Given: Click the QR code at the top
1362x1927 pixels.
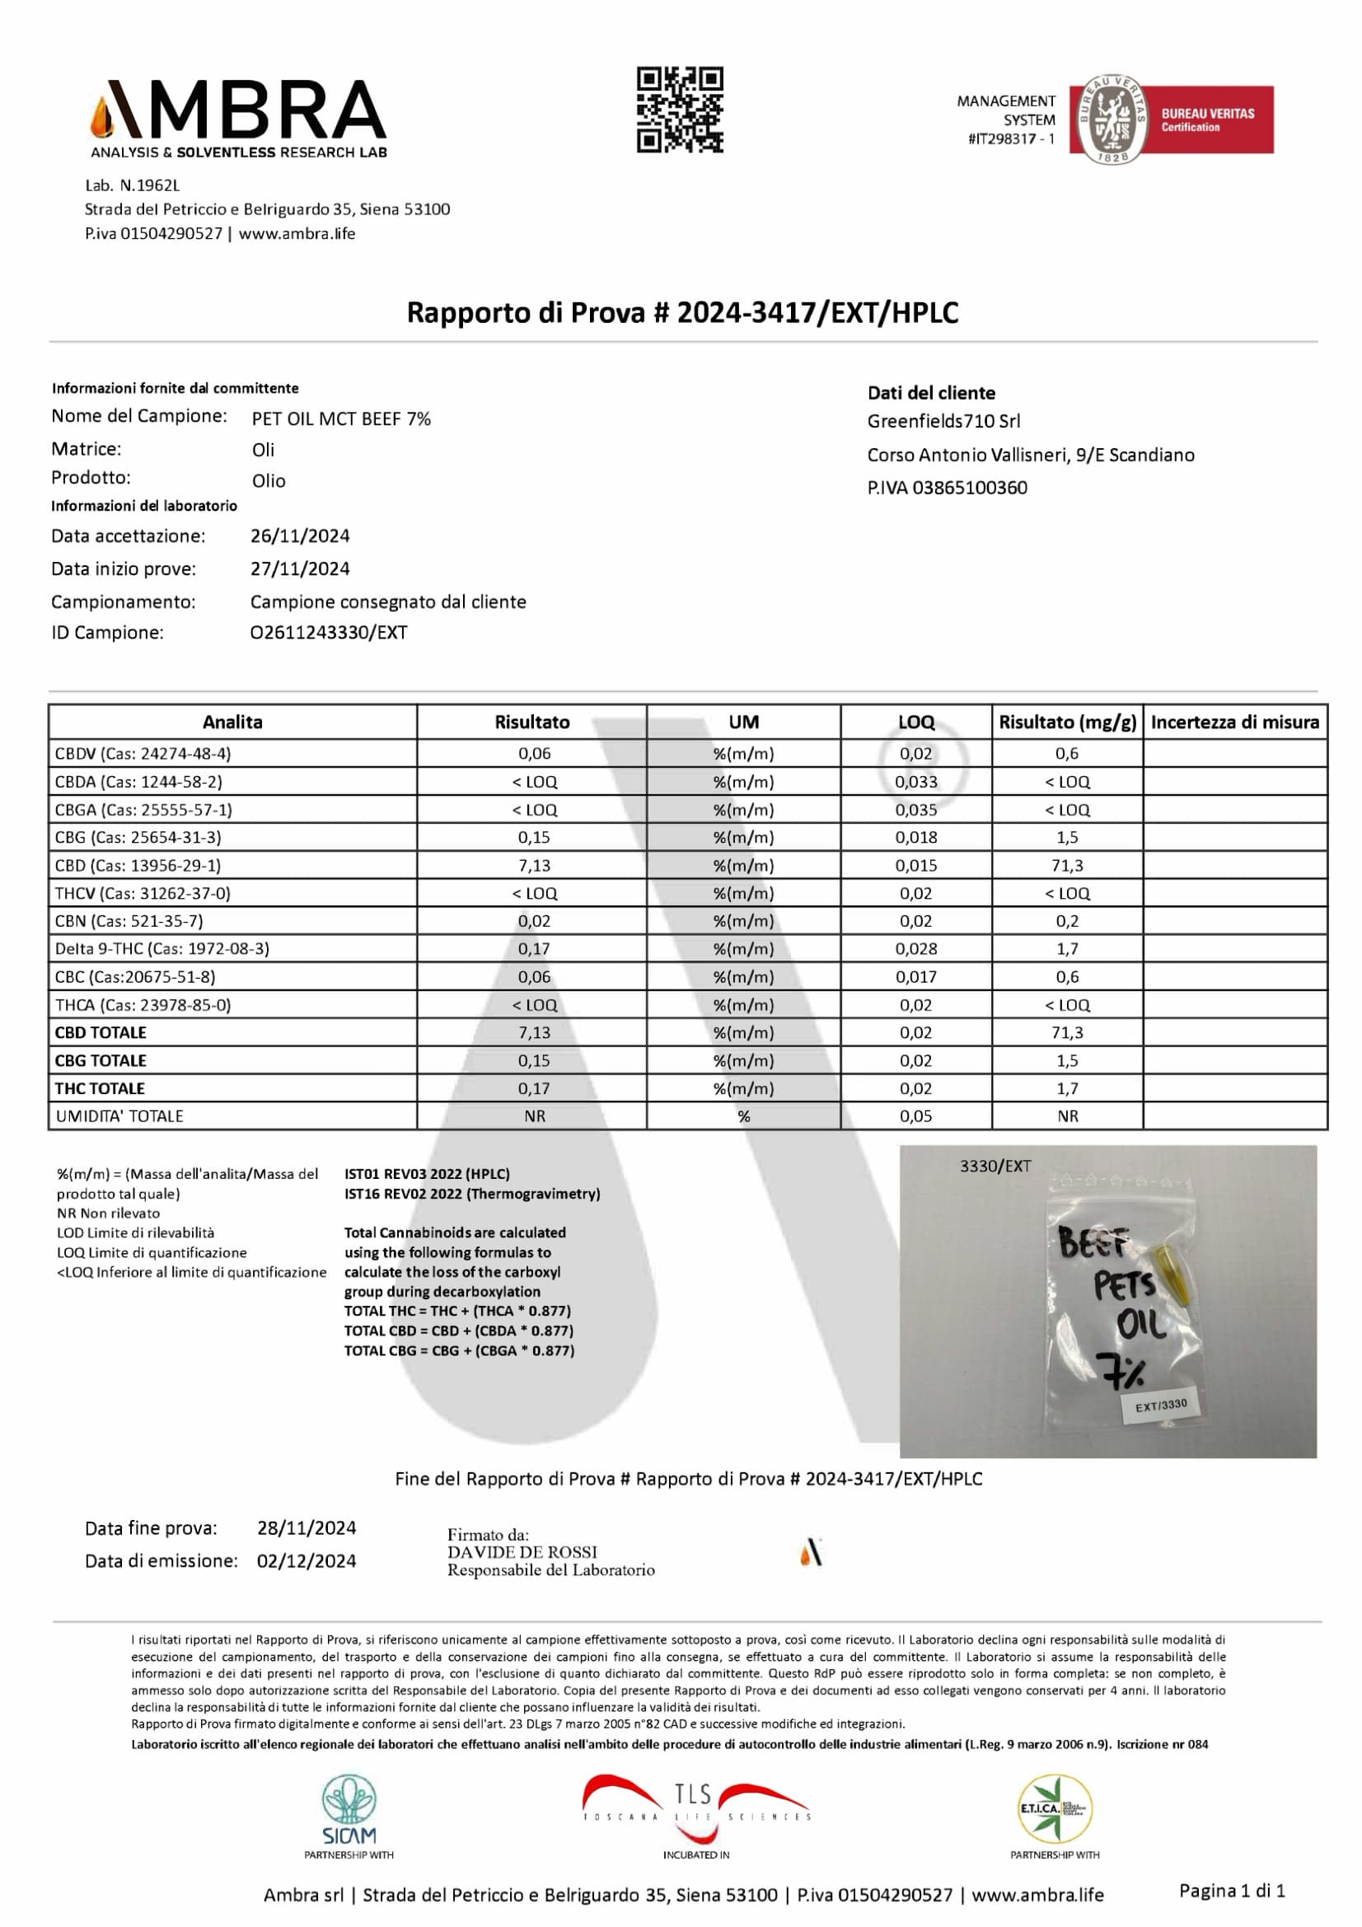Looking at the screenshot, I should click(680, 110).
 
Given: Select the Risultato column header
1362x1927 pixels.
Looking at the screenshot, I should click(531, 722).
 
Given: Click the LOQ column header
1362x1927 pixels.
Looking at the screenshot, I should click(915, 722).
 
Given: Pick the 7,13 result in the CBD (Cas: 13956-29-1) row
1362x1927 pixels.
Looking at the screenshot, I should click(534, 865).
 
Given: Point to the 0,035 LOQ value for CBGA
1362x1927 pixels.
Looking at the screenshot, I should click(915, 810).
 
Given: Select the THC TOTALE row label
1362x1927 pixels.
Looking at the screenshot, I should click(100, 1088).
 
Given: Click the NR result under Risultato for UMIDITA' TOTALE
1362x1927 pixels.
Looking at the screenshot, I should click(534, 1116).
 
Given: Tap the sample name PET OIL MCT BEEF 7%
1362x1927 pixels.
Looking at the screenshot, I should click(341, 419).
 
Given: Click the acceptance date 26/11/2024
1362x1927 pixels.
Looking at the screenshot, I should click(300, 536).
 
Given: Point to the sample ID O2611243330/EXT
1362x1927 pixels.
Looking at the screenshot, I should click(328, 633).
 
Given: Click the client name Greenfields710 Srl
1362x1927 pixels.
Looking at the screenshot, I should click(943, 421).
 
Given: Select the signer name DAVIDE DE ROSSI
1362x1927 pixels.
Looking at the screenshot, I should click(522, 1552).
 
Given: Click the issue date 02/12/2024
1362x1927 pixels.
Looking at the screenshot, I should click(307, 1561).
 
